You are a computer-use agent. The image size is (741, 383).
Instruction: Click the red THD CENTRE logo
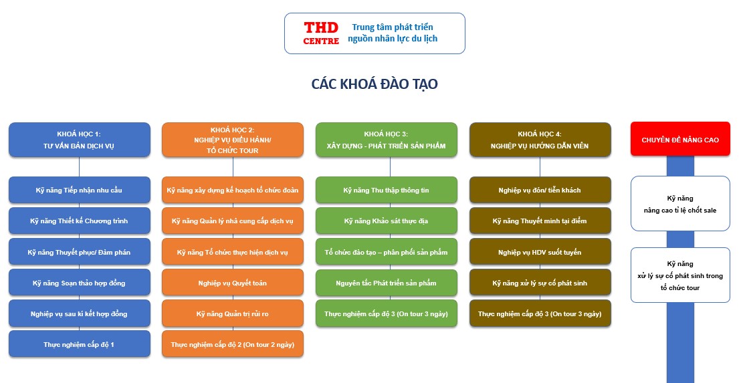(321, 33)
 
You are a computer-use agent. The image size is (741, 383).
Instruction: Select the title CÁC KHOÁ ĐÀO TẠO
(375, 84)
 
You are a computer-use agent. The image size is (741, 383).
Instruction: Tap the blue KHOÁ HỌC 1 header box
(80, 140)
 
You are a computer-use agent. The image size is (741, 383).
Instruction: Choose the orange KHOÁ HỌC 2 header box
(233, 140)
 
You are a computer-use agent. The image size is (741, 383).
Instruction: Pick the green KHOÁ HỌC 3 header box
(386, 140)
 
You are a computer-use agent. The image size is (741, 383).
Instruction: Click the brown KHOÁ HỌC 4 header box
(540, 140)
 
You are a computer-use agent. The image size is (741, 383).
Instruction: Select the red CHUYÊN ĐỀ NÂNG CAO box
(680, 139)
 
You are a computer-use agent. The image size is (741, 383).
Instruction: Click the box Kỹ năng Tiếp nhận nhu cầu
(80, 190)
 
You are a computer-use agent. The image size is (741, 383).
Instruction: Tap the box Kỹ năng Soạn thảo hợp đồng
(80, 283)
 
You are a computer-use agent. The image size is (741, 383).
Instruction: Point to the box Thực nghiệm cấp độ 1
(80, 344)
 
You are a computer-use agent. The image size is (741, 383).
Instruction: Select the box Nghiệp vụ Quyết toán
(233, 283)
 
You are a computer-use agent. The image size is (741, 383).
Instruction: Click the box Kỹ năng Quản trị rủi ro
(233, 313)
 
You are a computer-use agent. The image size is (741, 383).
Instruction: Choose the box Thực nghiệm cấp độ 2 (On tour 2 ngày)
(233, 344)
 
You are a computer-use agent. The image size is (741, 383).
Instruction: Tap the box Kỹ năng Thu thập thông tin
(386, 190)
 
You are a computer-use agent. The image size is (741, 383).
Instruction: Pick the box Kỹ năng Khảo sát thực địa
(386, 221)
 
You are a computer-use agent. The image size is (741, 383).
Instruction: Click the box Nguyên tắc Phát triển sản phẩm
(386, 283)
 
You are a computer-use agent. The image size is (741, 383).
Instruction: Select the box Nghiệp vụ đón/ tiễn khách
(540, 190)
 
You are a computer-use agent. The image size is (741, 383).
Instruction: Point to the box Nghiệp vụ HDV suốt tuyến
(540, 252)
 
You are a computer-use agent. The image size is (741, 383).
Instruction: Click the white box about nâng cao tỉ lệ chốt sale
(680, 204)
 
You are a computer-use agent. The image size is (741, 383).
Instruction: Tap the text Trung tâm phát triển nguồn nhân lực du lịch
(393, 33)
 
